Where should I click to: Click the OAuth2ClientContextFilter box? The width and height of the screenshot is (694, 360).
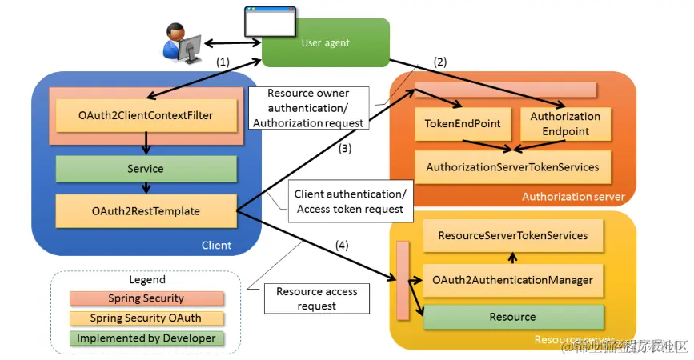tap(146, 116)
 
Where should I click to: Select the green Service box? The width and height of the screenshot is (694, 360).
tap(146, 169)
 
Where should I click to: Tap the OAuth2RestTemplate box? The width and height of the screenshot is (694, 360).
tap(146, 211)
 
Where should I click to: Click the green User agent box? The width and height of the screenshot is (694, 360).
tap(326, 42)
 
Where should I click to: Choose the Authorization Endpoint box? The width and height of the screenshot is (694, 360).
tap(565, 124)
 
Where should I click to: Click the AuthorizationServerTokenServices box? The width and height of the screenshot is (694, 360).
tap(512, 167)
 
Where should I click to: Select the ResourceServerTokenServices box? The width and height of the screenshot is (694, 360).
tap(512, 235)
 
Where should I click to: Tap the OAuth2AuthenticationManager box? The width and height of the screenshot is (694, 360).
tap(512, 280)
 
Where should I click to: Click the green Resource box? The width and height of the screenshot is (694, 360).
tap(512, 317)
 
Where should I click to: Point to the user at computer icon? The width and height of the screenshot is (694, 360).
tap(181, 42)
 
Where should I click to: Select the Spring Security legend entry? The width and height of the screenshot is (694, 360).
tap(146, 298)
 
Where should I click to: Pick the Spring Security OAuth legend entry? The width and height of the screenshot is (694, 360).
tap(146, 318)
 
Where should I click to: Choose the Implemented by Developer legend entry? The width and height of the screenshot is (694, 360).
tap(146, 338)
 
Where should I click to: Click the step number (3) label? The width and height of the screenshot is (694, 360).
tap(344, 148)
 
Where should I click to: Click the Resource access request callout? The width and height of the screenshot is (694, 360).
tap(317, 298)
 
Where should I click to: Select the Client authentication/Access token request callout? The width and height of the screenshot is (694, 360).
tap(350, 202)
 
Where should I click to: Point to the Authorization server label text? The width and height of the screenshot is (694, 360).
tap(573, 197)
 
